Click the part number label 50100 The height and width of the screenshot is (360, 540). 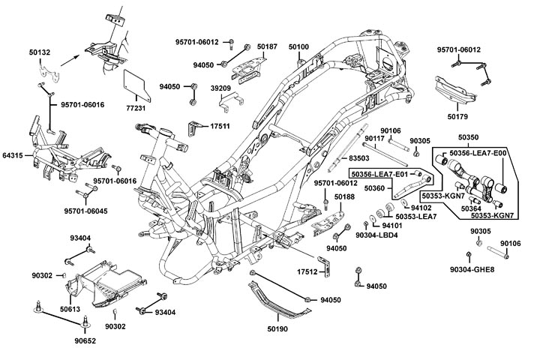point(298,47)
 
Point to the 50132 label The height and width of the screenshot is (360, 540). point(40,52)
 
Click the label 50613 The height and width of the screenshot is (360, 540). point(70,309)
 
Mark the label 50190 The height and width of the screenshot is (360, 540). point(278,328)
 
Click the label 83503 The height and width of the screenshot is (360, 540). point(360,159)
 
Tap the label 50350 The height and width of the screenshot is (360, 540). point(469,139)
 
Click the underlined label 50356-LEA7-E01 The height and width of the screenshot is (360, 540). point(380,174)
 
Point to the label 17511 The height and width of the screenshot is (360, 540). point(220,127)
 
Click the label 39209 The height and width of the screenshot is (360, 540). point(220,88)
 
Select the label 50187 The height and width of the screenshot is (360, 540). point(267,47)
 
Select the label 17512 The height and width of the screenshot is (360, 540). point(307,271)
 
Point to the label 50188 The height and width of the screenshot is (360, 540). point(344,197)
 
